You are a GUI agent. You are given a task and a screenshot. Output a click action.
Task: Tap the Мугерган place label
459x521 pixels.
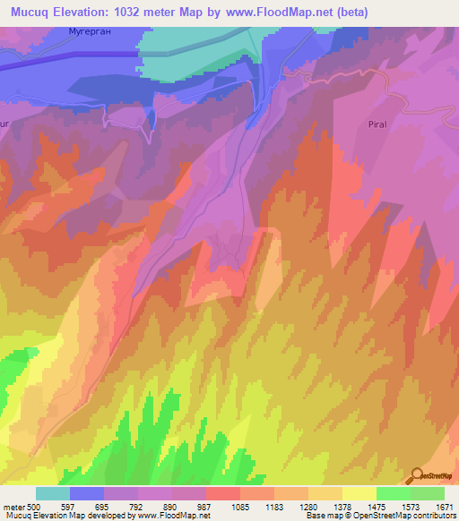click(88, 33)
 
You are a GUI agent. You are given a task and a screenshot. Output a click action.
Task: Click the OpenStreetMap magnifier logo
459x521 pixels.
click(417, 476)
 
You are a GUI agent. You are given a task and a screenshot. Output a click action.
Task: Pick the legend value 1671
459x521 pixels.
click(445, 507)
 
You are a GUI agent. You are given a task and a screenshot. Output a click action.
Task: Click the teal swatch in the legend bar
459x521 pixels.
click(52, 493)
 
